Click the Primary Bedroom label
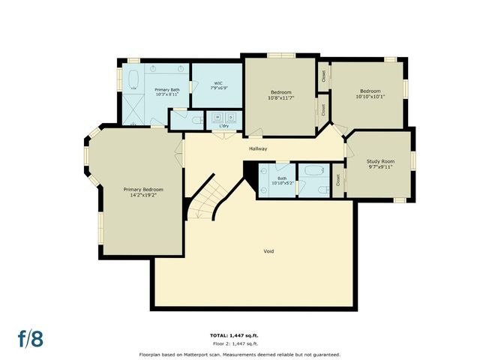(x=142, y=190)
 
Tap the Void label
(x=268, y=250)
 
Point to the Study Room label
(x=379, y=161)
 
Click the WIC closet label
(x=217, y=83)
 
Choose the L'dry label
(x=223, y=125)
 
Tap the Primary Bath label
(x=166, y=90)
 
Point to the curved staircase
(x=206, y=197)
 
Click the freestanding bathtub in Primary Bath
(x=134, y=80)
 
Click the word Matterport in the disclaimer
(x=214, y=354)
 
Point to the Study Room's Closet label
(x=338, y=179)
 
